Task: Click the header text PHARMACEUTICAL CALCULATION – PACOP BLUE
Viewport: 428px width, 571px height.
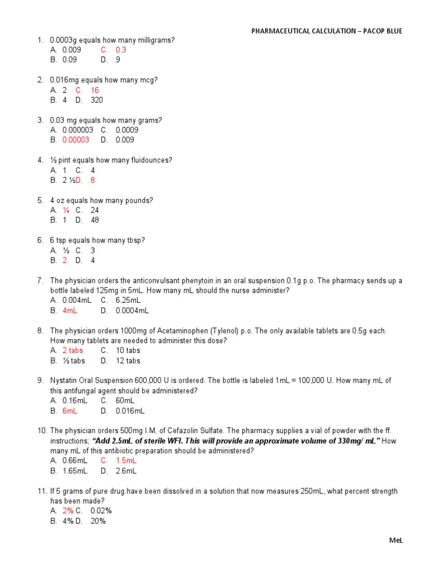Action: pos(326,31)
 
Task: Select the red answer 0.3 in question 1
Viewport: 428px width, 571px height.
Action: pos(121,50)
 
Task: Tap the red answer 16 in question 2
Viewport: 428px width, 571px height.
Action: pos(95,90)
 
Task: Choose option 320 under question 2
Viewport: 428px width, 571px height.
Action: pos(96,100)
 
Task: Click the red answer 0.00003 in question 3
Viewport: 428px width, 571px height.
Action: pos(75,140)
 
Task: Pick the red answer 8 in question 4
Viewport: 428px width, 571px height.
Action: pos(93,180)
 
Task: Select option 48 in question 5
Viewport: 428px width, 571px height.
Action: pos(95,220)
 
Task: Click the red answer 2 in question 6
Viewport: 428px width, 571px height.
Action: pos(65,260)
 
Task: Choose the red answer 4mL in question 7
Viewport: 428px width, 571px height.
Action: pos(70,311)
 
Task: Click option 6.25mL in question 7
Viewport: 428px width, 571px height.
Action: pos(128,301)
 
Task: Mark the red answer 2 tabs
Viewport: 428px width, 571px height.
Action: pos(72,351)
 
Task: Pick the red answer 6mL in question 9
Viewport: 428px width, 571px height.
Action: pos(70,411)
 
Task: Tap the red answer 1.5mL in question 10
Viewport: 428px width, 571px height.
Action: pos(126,461)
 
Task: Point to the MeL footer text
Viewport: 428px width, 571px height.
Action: pos(395,541)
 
